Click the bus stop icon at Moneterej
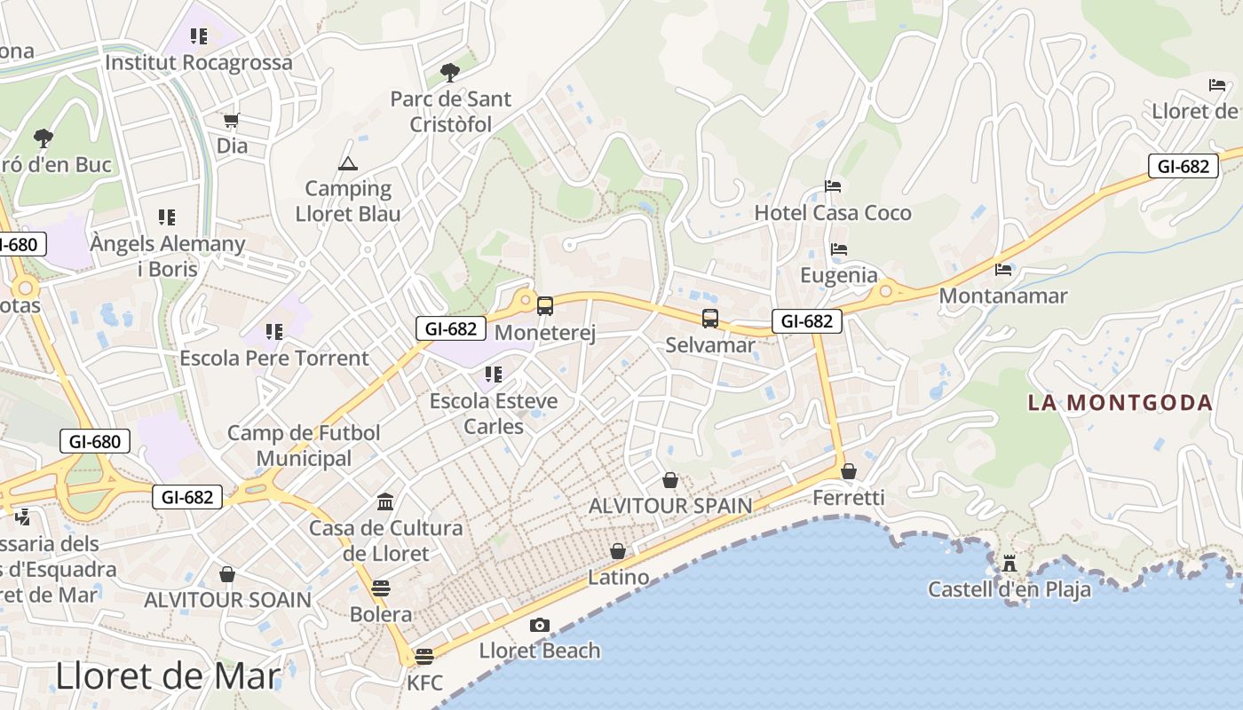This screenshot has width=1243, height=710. click(x=544, y=306)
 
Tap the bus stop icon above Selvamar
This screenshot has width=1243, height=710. click(x=709, y=319)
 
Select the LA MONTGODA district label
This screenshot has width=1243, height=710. click(x=1120, y=403)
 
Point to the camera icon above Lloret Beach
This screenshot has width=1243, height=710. click(x=539, y=625)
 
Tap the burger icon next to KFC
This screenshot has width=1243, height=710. click(x=424, y=657)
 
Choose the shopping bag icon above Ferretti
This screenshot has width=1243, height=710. click(x=849, y=471)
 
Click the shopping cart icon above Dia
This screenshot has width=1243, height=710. click(x=231, y=120)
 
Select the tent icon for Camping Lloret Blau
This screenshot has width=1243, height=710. click(x=347, y=163)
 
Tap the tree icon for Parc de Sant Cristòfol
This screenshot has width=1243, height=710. click(x=450, y=72)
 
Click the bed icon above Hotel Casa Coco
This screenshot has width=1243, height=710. click(x=833, y=186)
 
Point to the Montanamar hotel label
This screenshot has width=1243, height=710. click(x=1003, y=296)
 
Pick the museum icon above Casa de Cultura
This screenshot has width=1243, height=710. click(x=385, y=502)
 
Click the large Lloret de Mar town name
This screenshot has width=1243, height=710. click(x=168, y=676)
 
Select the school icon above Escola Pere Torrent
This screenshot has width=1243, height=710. click(x=273, y=332)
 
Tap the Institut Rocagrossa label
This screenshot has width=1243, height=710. click(x=198, y=62)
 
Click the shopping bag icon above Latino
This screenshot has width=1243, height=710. click(x=618, y=551)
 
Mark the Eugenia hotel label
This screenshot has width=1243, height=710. click(x=839, y=275)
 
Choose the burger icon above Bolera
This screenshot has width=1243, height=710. click(x=381, y=588)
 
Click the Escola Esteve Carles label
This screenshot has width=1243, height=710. click(x=494, y=414)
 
